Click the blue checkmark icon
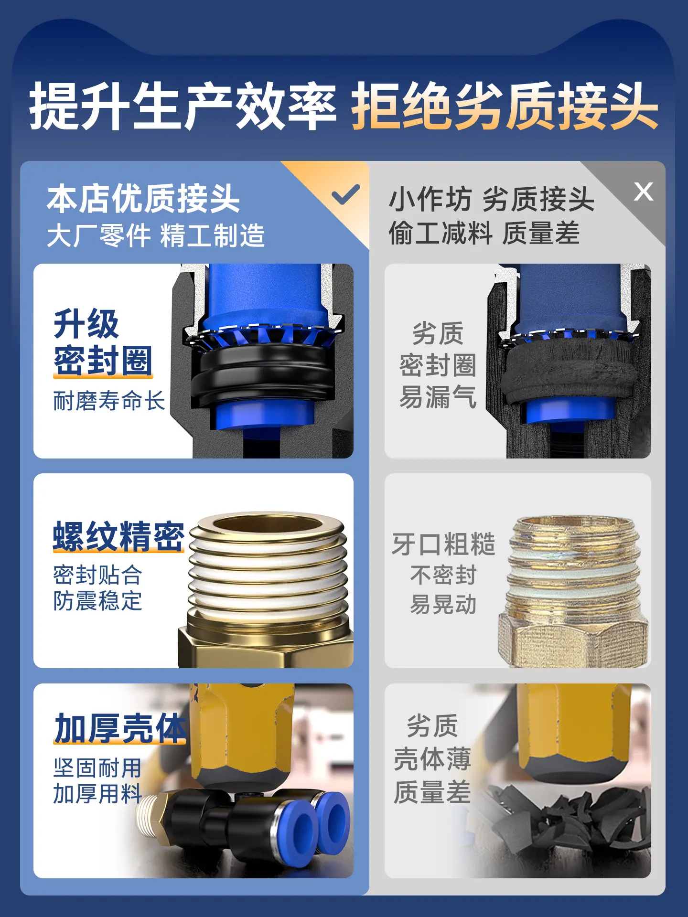click(345, 194)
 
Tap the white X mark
click(644, 192)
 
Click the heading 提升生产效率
click(183, 106)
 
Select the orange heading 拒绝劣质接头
click(505, 106)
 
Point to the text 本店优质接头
click(143, 199)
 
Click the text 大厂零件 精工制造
click(156, 235)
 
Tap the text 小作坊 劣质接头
click(492, 199)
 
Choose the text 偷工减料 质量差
click(484, 233)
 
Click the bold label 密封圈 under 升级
click(103, 361)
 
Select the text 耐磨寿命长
click(109, 401)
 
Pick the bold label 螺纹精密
click(118, 536)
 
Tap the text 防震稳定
click(97, 601)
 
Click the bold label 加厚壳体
click(119, 728)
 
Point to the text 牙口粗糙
click(443, 544)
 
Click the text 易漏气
click(438, 397)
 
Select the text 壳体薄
click(432, 759)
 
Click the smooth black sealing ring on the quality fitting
click(262, 373)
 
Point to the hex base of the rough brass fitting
click(573, 640)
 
